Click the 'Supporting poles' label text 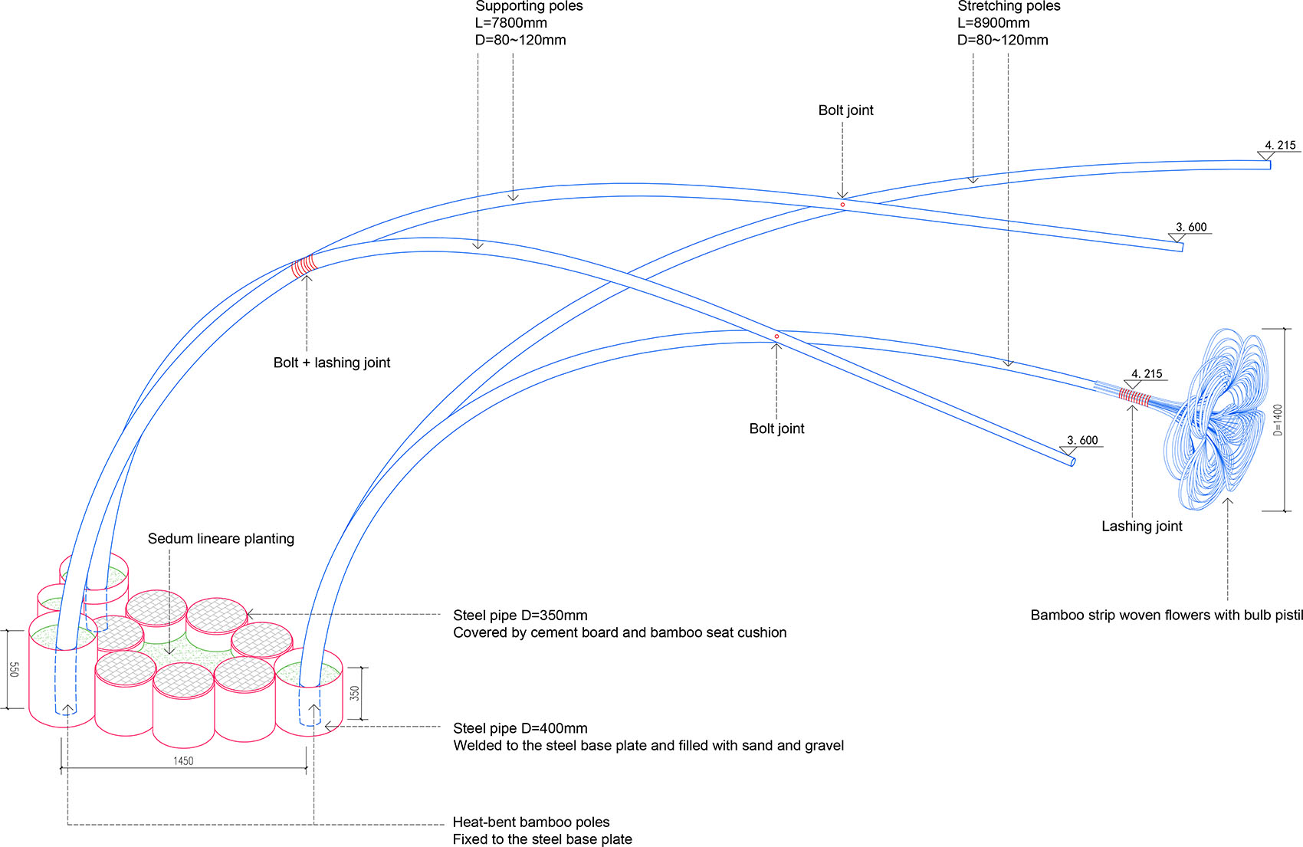click(x=529, y=6)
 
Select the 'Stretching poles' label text click(x=1009, y=6)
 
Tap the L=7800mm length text click(x=510, y=23)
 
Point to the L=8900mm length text click(x=993, y=23)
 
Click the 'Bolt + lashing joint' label click(x=332, y=363)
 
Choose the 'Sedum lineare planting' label click(x=221, y=539)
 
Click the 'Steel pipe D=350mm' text click(x=520, y=616)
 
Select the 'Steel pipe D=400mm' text click(x=520, y=728)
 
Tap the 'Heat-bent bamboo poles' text click(x=531, y=822)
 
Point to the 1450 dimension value click(x=183, y=761)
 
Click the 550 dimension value click(x=15, y=670)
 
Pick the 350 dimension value click(x=355, y=694)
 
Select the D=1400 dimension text click(x=1278, y=421)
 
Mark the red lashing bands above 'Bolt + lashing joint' click(x=304, y=266)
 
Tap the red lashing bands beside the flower click(x=1134, y=398)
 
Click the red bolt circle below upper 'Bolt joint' click(x=842, y=205)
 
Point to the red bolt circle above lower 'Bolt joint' click(x=776, y=337)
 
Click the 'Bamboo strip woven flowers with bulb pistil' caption click(x=1167, y=616)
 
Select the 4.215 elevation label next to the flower click(x=1147, y=374)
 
